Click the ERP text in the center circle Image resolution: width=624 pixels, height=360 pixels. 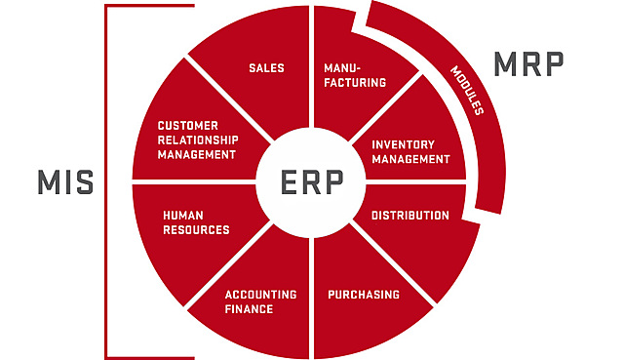(312, 182)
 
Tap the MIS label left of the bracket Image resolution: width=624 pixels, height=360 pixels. (65, 182)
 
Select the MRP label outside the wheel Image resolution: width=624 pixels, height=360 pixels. (528, 64)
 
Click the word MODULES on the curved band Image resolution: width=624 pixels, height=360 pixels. (467, 91)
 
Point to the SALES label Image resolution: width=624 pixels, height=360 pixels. (266, 68)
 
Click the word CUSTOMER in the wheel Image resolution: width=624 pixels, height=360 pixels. (188, 126)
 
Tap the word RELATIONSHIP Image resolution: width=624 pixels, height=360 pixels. (198, 140)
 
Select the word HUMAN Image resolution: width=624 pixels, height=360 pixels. (183, 216)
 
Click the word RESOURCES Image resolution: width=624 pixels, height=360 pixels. (196, 230)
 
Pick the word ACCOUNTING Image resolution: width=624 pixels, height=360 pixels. (260, 295)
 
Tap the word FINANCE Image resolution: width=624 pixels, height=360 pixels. (249, 309)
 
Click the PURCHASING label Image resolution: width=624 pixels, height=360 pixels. (364, 295)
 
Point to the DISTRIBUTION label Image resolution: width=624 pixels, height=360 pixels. (410, 216)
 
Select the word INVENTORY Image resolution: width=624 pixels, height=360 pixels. (403, 144)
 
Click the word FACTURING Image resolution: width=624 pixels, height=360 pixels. (355, 82)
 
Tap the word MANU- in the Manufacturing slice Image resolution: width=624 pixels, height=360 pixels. (342, 68)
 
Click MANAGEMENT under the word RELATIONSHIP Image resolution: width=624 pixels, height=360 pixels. (197, 154)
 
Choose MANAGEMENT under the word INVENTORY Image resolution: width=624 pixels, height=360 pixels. (411, 159)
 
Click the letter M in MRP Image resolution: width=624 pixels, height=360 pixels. (505, 64)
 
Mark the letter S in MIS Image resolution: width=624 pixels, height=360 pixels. (84, 182)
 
